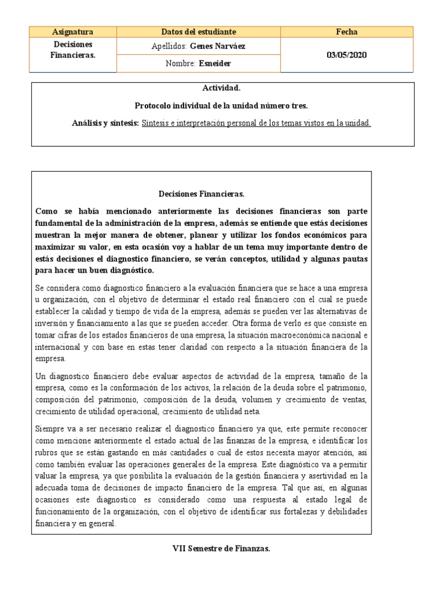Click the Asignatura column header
coord(73,32)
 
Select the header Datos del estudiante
coord(198,32)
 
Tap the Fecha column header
coord(347,32)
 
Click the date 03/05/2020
coord(347,55)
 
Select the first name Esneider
coord(215,63)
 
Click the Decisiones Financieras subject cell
coord(73,50)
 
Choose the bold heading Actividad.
coord(221,88)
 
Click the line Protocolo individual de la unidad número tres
coord(221,105)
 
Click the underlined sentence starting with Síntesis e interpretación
coord(256,123)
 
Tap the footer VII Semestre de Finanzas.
coord(221,549)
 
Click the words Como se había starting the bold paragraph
coord(60,211)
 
